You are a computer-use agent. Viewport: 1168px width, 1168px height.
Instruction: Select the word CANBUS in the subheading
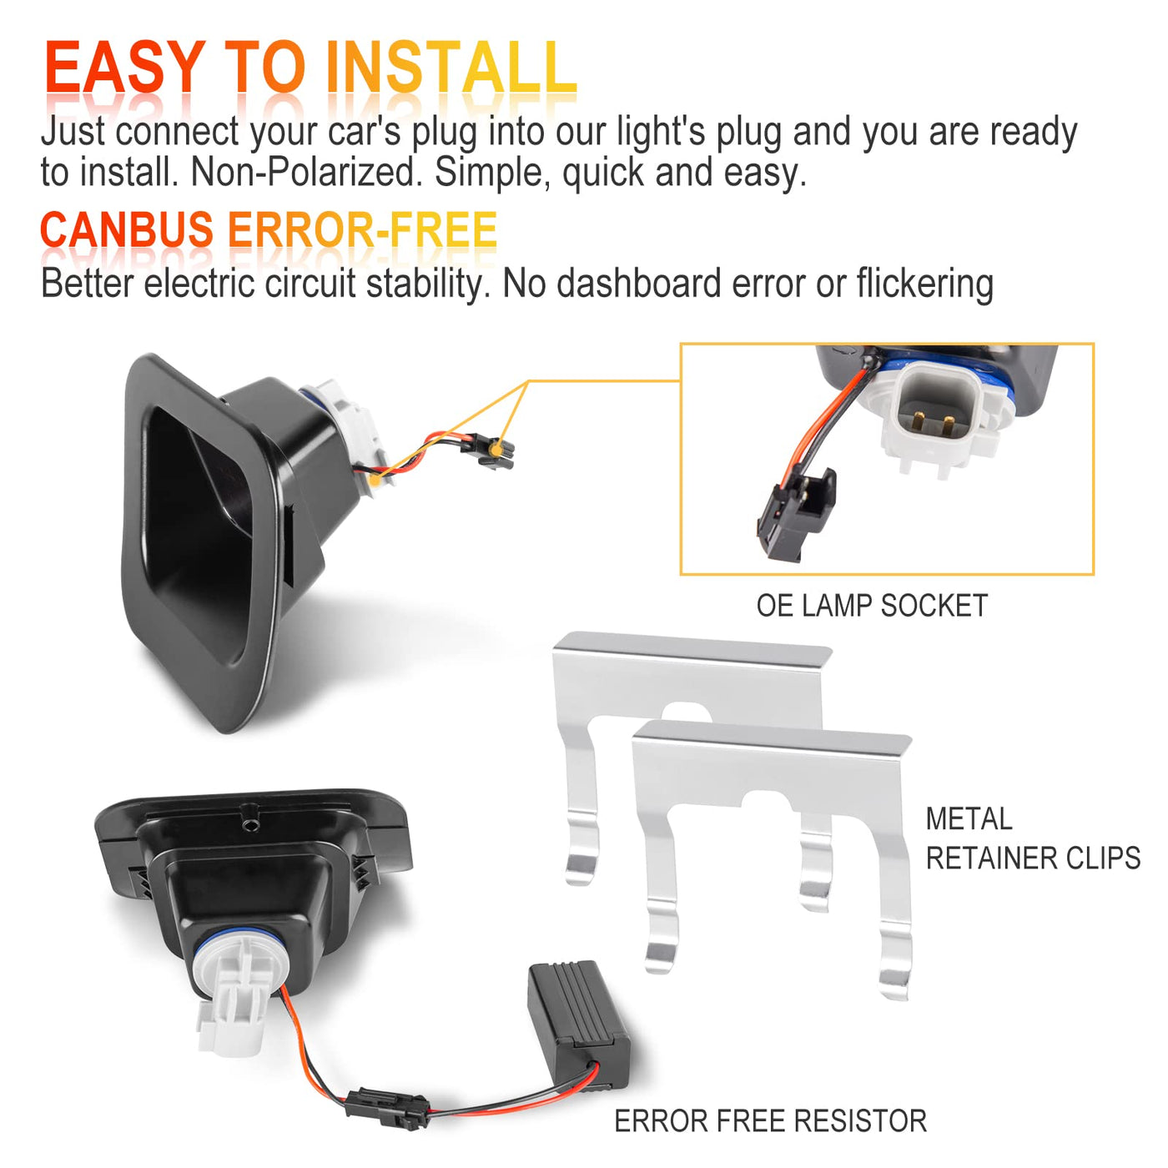click(x=127, y=229)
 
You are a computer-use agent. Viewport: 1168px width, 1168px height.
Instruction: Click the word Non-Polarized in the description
click(x=307, y=172)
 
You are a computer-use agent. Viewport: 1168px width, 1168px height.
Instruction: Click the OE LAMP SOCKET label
click(x=872, y=606)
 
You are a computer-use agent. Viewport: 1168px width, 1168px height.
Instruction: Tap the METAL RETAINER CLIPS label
click(x=1033, y=838)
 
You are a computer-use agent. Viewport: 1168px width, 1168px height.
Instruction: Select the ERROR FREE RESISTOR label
click(x=770, y=1120)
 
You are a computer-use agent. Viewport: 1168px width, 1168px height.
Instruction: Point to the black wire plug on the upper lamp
click(x=494, y=451)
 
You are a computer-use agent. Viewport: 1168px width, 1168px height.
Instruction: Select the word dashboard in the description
click(x=639, y=284)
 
